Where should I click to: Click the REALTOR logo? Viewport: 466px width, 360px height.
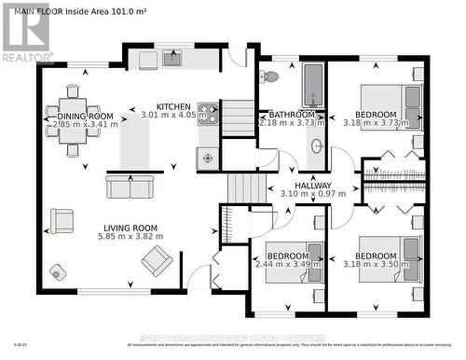[25, 34]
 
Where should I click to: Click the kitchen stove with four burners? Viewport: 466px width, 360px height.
[207, 114]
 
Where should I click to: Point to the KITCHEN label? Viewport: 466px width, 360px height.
[173, 106]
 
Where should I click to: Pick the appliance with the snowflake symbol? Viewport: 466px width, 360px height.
[207, 158]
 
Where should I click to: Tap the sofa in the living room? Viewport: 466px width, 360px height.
[130, 187]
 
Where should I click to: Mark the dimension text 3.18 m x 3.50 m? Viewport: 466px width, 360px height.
[382, 266]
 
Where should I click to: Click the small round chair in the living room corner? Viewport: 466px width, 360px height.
[59, 271]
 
